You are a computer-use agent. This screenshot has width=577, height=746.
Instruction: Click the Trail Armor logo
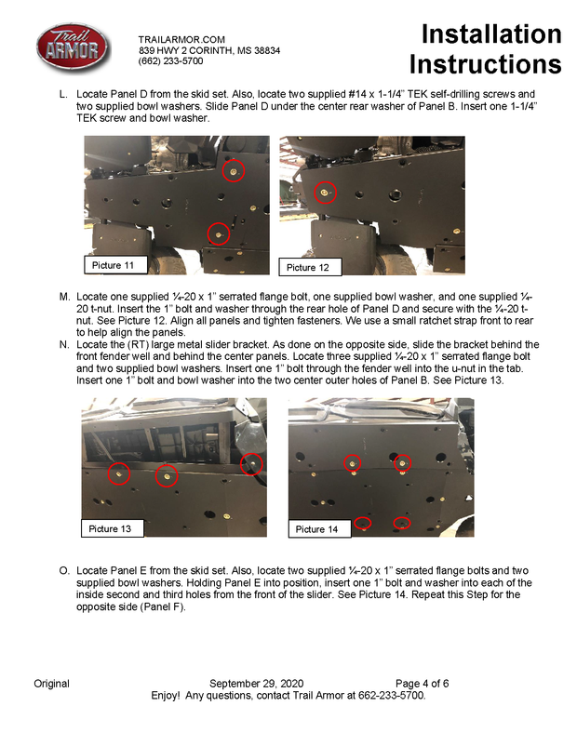[x=73, y=48]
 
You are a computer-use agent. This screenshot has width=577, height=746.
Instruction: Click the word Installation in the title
[x=490, y=35]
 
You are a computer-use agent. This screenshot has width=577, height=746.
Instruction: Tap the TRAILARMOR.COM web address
[x=181, y=38]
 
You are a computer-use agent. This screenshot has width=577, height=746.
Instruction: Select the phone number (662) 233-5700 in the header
[x=171, y=60]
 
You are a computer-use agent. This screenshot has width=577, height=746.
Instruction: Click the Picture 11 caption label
[x=114, y=266]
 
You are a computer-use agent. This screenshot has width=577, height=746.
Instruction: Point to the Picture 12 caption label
[x=308, y=268]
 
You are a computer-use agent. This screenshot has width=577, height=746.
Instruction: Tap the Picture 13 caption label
[x=110, y=529]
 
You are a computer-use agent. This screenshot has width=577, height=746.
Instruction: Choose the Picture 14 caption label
[x=316, y=529]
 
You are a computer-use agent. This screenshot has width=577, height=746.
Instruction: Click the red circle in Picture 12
[x=325, y=193]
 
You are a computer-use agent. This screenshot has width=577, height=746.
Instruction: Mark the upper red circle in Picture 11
[x=234, y=171]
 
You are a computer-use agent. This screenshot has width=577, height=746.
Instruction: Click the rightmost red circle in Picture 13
[x=251, y=463]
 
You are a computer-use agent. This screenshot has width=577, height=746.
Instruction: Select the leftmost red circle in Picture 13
[x=119, y=473]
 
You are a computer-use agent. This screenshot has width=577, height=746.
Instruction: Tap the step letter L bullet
[x=62, y=95]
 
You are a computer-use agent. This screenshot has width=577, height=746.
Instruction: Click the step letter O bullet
[x=63, y=570]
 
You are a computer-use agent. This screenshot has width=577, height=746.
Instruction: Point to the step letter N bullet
[x=63, y=345]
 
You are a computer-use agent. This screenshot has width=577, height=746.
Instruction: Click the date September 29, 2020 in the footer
[x=256, y=684]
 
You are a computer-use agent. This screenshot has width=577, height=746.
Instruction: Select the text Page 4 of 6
[x=422, y=684]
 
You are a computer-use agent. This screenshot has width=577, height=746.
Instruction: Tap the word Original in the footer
[x=51, y=684]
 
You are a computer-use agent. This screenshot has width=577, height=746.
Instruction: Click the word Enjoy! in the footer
[x=168, y=695]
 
